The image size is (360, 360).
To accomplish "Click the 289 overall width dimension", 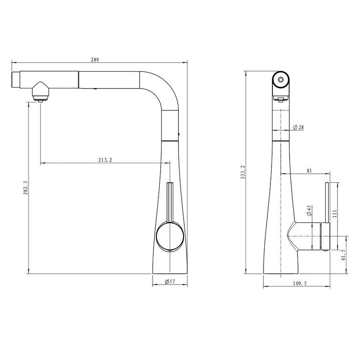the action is (x=95, y=60).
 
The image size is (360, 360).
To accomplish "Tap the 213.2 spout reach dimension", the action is (x=105, y=160).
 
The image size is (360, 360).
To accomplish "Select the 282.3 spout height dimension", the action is (x=26, y=188).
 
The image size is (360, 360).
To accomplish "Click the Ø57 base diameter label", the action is (x=170, y=282).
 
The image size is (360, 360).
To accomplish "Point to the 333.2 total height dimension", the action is (x=243, y=172).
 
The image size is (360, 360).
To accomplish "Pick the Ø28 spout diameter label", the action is (x=298, y=127).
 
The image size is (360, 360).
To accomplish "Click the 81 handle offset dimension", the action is (x=309, y=171).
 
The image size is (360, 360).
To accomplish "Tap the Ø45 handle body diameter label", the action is (x=309, y=210).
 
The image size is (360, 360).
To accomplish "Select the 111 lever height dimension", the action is (x=334, y=214).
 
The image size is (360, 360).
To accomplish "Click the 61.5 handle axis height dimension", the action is (x=344, y=255).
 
